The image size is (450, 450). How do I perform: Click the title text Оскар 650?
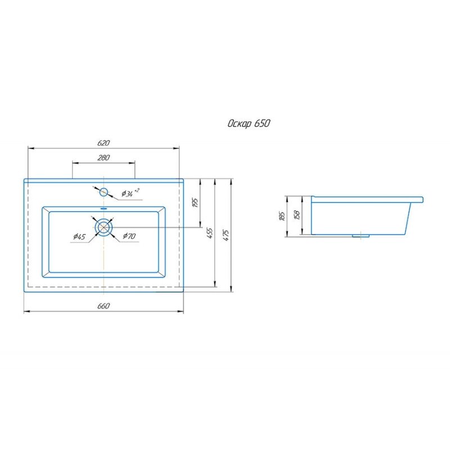pyautogui.click(x=249, y=124)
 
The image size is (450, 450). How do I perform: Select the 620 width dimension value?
pyautogui.click(x=103, y=143)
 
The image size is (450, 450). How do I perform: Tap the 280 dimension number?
pyautogui.click(x=103, y=157)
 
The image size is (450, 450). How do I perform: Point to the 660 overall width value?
pyautogui.click(x=103, y=306)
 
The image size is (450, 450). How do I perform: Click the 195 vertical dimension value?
pyautogui.click(x=195, y=202)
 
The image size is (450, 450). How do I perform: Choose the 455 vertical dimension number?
pyautogui.click(x=210, y=233)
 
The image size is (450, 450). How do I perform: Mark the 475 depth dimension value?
pyautogui.click(x=226, y=235)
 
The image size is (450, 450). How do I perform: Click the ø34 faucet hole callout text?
pyautogui.click(x=130, y=193)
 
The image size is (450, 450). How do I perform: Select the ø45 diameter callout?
pyautogui.click(x=79, y=236)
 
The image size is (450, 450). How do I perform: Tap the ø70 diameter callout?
pyautogui.click(x=129, y=236)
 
